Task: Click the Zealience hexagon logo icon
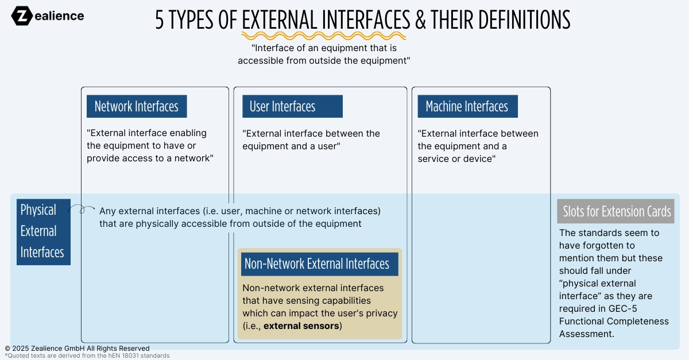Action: [x=22, y=16]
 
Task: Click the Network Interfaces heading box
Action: [x=137, y=106]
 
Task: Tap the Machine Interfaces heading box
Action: [x=467, y=106]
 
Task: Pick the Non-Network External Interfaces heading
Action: [x=317, y=264]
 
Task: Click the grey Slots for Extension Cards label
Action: [x=616, y=211]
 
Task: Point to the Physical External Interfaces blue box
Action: [x=43, y=231]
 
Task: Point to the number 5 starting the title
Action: [x=160, y=20]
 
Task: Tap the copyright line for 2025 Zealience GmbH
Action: [x=77, y=349]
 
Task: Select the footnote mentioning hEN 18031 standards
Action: [x=87, y=356]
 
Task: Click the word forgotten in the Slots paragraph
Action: [x=603, y=246]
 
